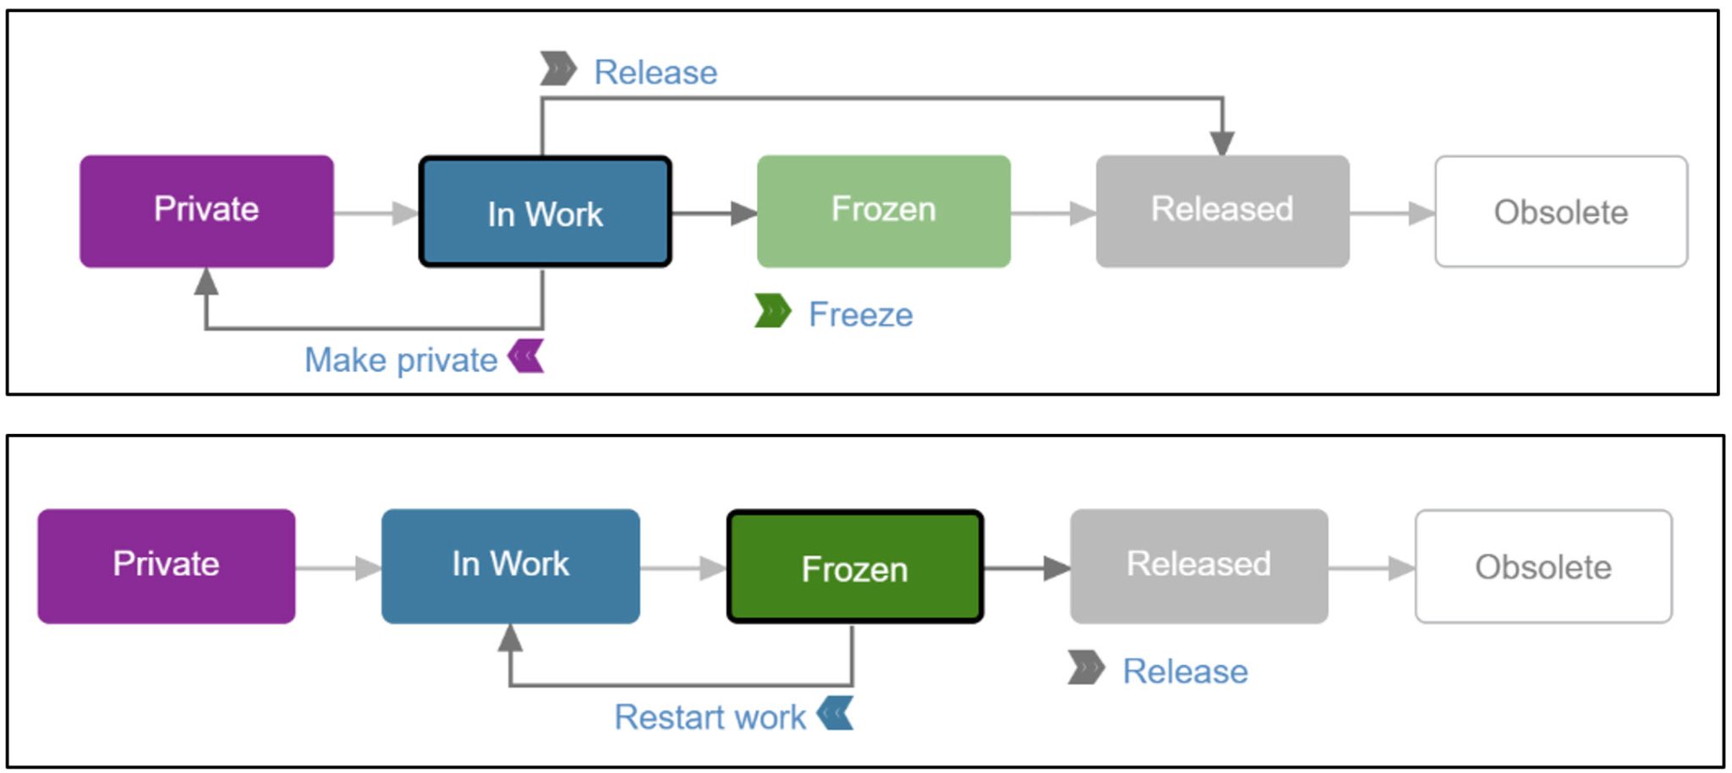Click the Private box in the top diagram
pyautogui.click(x=206, y=211)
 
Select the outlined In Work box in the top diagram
pyautogui.click(x=545, y=212)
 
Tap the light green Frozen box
pyautogui.click(x=884, y=211)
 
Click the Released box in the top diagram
pyautogui.click(x=1222, y=211)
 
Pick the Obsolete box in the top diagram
pyautogui.click(x=1561, y=211)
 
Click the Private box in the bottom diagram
pyautogui.click(x=167, y=566)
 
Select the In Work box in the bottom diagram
pyautogui.click(x=510, y=566)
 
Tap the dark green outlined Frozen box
pyautogui.click(x=855, y=567)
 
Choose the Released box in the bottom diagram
pyautogui.click(x=1198, y=566)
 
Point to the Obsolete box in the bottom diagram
pyautogui.click(x=1543, y=567)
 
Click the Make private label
pyautogui.click(x=401, y=360)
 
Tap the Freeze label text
pyautogui.click(x=860, y=315)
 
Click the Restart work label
pyautogui.click(x=710, y=717)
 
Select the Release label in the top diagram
pyautogui.click(x=655, y=73)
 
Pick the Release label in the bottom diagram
pyautogui.click(x=1185, y=672)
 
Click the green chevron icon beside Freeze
pyautogui.click(x=772, y=311)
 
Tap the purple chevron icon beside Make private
pyautogui.click(x=527, y=356)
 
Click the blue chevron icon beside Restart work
pyautogui.click(x=836, y=713)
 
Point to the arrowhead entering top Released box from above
pyautogui.click(x=1222, y=143)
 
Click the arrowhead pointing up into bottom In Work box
pyautogui.click(x=510, y=638)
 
